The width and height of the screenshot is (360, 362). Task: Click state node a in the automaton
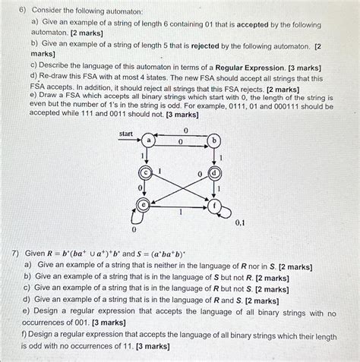point(150,141)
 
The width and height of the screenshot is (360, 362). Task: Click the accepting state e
point(141,203)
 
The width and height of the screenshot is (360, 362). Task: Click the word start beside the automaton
point(126,134)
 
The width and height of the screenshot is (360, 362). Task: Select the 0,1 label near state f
point(239,223)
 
